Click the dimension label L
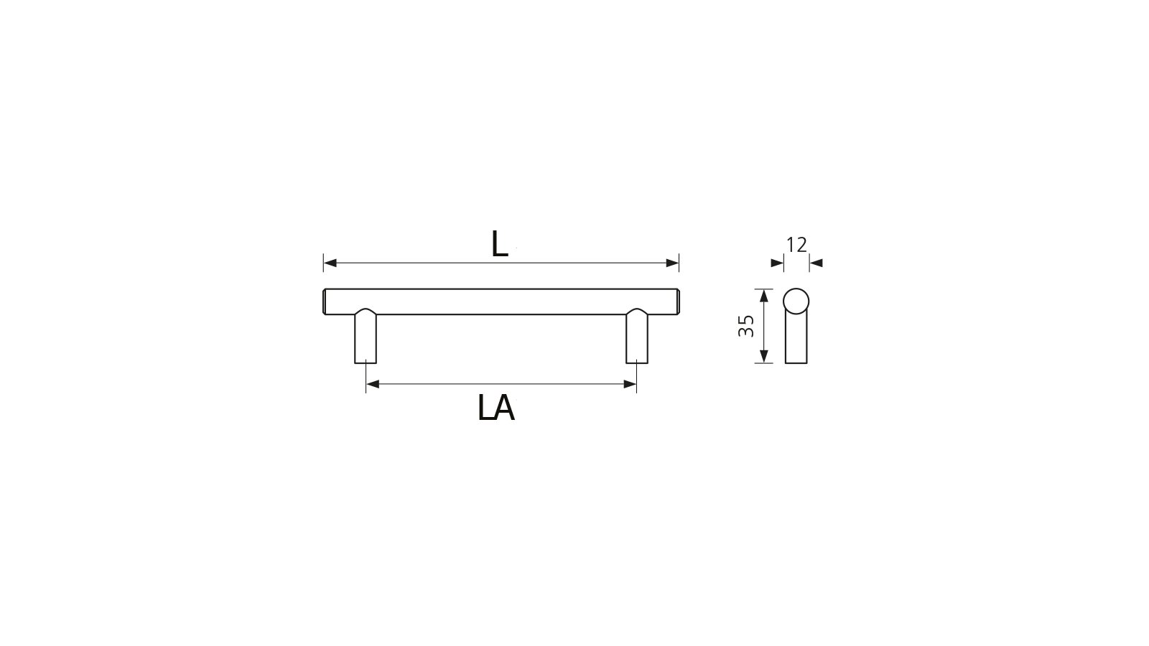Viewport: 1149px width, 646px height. [500, 245]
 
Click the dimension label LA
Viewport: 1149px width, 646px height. [496, 408]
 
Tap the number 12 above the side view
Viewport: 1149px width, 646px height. [796, 245]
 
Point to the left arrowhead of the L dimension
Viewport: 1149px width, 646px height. [330, 263]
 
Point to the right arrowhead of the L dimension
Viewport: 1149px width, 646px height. [673, 263]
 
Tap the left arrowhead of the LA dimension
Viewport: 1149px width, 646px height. [372, 385]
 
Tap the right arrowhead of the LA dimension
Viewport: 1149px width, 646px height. [631, 385]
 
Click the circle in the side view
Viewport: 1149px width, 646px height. [796, 301]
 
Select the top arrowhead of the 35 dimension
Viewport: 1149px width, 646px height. [764, 295]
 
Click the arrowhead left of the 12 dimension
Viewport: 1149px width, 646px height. [777, 263]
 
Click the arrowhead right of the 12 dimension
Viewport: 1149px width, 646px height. [816, 263]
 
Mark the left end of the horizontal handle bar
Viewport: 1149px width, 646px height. [325, 301]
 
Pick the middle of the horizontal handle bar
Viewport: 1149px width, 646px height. [501, 301]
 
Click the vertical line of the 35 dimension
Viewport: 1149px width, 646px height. [764, 326]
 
